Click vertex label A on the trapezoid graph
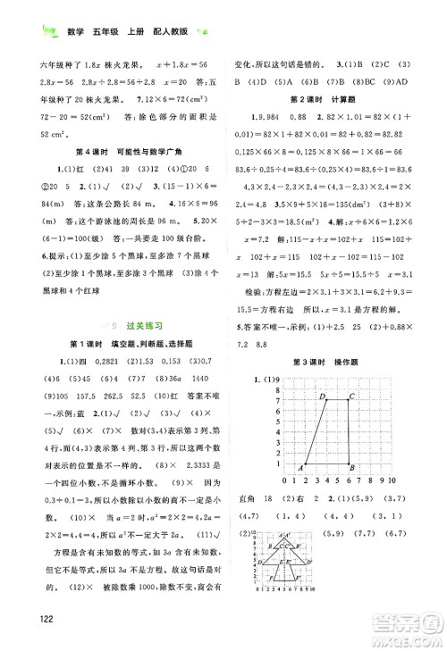point(300,467)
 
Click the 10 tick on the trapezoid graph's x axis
point(391,481)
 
